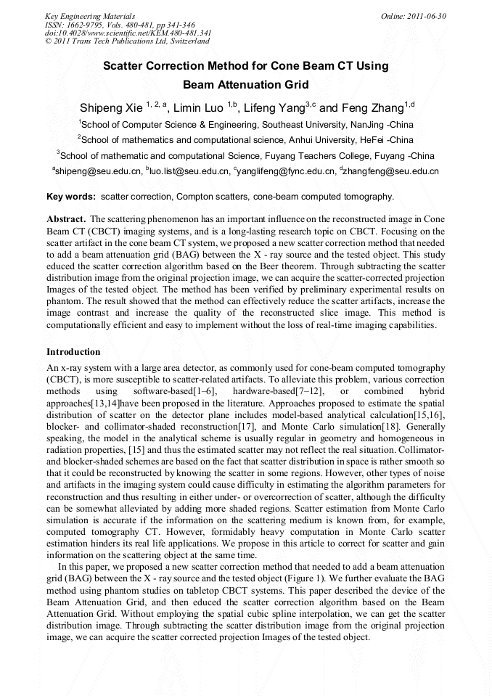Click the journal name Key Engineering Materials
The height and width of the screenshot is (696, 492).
[89, 15]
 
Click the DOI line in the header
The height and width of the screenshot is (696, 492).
[128, 33]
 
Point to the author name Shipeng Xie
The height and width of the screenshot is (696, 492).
[111, 108]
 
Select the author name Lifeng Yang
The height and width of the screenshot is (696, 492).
[274, 108]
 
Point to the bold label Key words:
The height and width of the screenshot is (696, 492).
[71, 197]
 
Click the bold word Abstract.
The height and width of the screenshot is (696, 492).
[67, 218]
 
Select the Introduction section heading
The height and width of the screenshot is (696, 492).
[73, 352]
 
